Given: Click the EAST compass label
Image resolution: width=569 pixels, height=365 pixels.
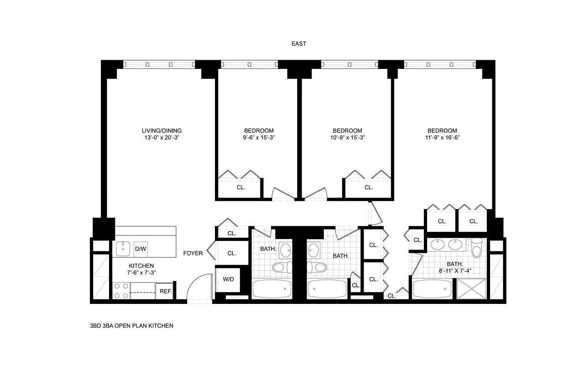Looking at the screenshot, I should [299, 44].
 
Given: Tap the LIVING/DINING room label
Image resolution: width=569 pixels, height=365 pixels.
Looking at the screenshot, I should [162, 130].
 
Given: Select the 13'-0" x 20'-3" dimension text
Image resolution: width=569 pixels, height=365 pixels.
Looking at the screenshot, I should [162, 137].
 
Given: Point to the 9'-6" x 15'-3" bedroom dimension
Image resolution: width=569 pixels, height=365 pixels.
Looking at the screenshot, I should [259, 137].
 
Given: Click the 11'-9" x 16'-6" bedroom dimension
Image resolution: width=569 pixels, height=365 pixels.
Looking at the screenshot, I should [442, 137].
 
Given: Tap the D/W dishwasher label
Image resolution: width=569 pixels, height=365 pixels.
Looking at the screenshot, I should [140, 249].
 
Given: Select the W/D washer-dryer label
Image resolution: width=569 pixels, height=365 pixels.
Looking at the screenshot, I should [228, 279].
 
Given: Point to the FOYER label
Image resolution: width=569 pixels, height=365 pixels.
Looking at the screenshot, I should [193, 253].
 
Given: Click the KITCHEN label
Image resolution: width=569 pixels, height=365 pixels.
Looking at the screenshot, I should [141, 266].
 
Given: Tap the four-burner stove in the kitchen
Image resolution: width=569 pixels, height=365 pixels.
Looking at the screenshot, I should [121, 291].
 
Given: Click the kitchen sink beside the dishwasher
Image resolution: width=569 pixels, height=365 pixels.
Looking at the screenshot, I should [123, 249].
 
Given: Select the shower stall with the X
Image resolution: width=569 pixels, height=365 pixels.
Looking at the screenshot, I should [472, 289].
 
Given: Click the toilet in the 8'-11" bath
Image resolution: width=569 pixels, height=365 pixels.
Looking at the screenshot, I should [477, 249].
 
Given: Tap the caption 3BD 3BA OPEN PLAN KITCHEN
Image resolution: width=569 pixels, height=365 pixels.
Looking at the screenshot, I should [132, 326].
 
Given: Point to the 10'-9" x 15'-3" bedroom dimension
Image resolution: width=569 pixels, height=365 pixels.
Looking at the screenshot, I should [347, 137].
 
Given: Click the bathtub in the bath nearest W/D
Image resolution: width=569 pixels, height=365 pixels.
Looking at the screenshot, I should [271, 289].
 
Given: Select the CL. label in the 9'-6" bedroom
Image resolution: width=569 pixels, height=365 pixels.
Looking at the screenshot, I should [241, 187].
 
